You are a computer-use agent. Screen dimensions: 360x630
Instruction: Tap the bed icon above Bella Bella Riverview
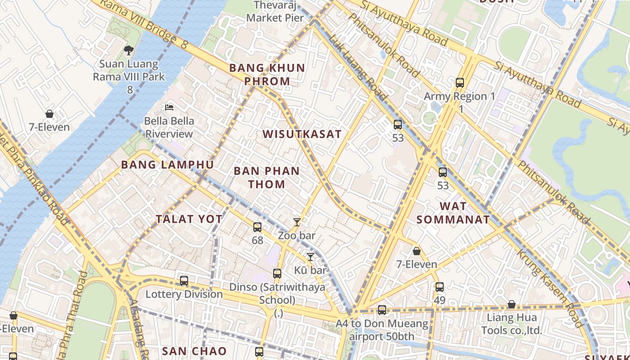[x=169, y=107]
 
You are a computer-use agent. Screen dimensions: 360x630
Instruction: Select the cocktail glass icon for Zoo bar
[x=297, y=222]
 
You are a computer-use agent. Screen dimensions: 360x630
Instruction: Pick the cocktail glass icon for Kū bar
[x=310, y=257]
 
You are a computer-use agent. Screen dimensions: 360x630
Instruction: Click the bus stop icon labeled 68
[x=257, y=227]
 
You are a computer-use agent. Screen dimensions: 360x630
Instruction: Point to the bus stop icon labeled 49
[x=440, y=287]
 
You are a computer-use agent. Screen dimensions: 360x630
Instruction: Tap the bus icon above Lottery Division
[x=184, y=281]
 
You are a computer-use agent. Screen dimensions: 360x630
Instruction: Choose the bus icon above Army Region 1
[x=459, y=83]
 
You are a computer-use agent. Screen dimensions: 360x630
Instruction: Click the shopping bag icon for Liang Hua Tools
[x=512, y=305]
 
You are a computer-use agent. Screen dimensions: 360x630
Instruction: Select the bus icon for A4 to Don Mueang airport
[x=382, y=310]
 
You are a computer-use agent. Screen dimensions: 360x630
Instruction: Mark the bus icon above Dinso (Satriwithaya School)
[x=277, y=273]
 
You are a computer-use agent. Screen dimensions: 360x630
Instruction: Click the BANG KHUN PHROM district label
[x=267, y=75]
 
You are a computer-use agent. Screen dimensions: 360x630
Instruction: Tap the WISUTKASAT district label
[x=302, y=134]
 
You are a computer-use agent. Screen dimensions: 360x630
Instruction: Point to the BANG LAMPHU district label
[x=167, y=165]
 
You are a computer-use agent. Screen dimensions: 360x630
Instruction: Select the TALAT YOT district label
[x=189, y=219]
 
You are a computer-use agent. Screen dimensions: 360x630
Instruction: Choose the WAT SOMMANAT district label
[x=453, y=213]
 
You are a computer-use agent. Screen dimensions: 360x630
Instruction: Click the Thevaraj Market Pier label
[x=275, y=12]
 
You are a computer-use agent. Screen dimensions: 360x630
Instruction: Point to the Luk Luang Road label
[x=357, y=67]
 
